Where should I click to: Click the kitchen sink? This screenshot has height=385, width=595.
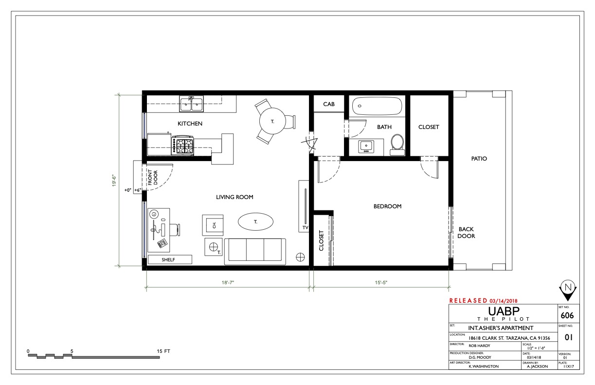(191, 104)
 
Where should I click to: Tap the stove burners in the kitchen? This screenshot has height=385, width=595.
(183, 146)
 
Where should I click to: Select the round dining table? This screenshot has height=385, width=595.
(272, 121)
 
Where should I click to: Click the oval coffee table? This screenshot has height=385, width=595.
(255, 221)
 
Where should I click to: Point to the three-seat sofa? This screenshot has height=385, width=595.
(255, 252)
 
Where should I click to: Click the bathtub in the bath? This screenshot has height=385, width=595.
(377, 106)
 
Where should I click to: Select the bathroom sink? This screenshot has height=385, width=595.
(366, 147)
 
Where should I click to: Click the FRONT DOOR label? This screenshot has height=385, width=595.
(153, 178)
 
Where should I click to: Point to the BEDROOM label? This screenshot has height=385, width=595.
(387, 206)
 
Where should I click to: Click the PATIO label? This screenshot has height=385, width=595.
(479, 159)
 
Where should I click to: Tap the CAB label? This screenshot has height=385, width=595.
(329, 104)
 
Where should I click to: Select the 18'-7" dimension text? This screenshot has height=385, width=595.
(228, 282)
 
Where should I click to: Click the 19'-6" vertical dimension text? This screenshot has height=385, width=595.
(114, 181)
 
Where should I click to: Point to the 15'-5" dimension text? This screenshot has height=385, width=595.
(381, 282)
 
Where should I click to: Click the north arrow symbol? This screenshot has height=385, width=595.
(568, 290)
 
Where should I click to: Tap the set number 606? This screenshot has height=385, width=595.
(567, 315)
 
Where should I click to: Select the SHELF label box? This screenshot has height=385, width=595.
(170, 259)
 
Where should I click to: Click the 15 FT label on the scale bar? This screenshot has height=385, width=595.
(163, 351)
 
